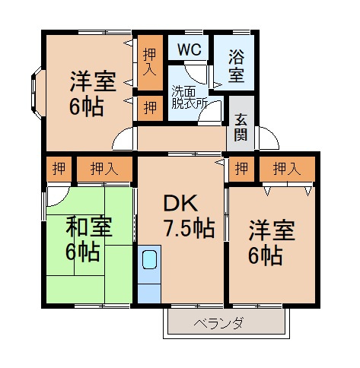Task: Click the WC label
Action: [189, 50]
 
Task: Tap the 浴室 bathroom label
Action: [236, 66]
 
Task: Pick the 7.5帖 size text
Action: [187, 227]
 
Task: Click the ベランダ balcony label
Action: [225, 322]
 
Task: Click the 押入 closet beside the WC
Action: [150, 61]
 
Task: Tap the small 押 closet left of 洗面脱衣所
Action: [149, 106]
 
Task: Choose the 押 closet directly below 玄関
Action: [241, 168]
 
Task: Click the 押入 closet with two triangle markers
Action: [285, 168]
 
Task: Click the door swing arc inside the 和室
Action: [55, 196]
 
